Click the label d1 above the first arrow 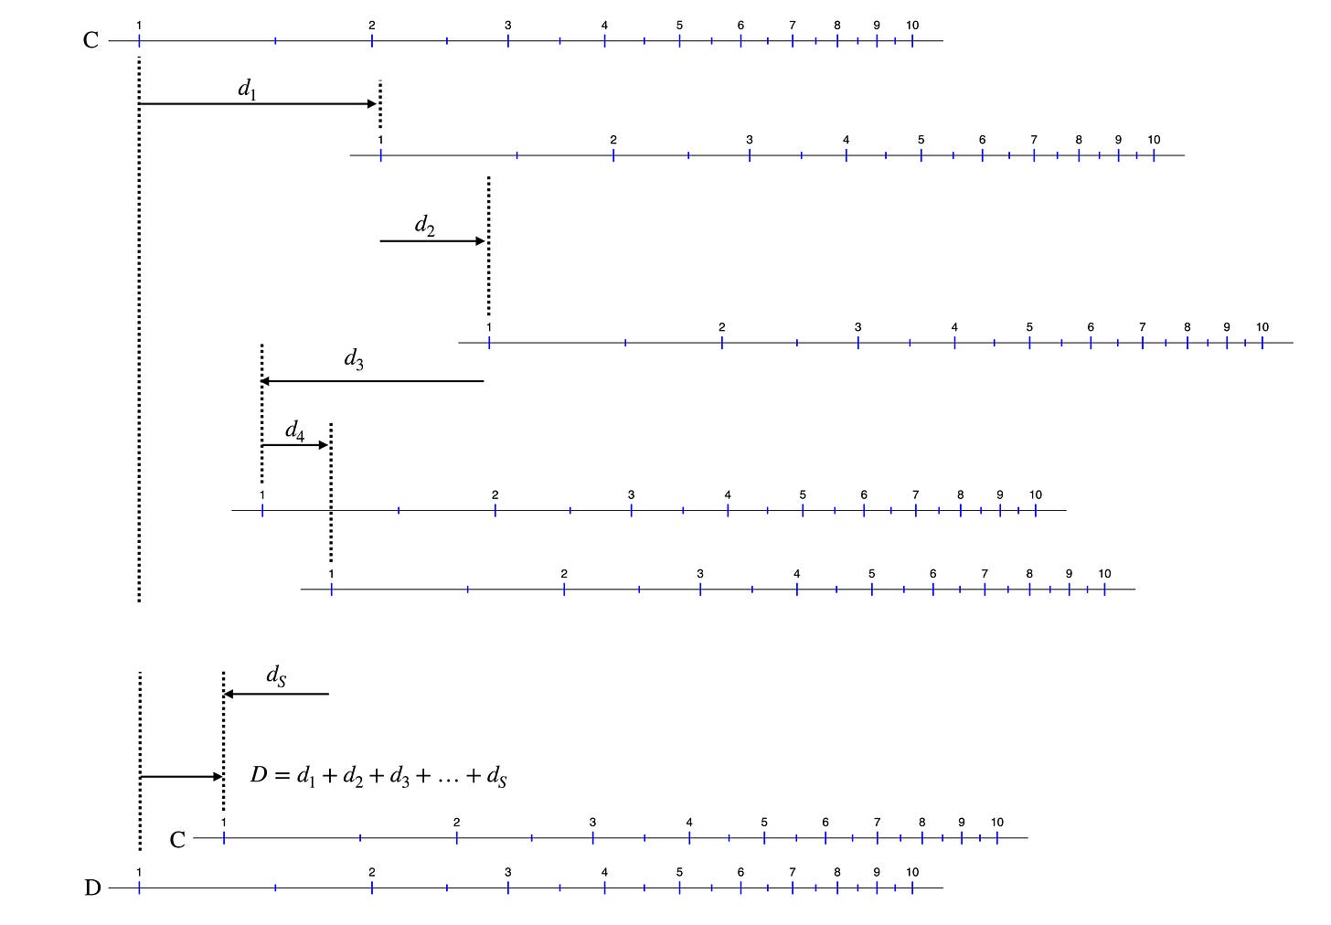point(247,89)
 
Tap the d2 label point(424,225)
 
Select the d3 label point(354,359)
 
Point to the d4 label point(294,431)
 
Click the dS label point(276,675)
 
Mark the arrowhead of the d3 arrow point(266,380)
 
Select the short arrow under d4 point(294,445)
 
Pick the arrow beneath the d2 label point(431,241)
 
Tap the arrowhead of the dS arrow point(229,694)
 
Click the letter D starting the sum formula point(258,776)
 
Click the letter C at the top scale point(91,40)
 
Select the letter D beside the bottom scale point(92,888)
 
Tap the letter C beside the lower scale point(177,839)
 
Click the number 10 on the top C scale point(912,26)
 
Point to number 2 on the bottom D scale point(371,872)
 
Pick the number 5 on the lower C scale point(764,823)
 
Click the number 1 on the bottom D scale point(139,872)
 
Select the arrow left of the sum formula point(181,777)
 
